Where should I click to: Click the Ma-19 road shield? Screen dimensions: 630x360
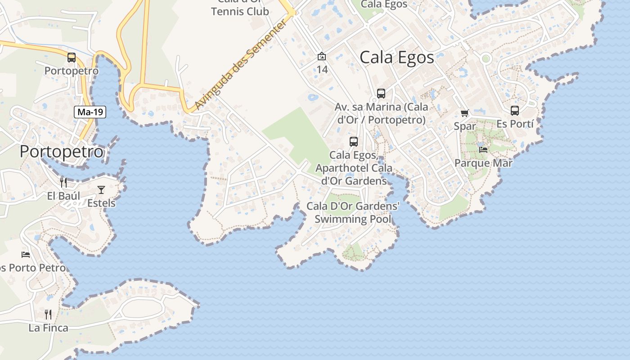click(x=90, y=112)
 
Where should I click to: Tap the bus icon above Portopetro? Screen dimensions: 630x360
click(x=72, y=58)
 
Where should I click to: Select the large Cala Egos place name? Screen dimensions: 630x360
click(x=397, y=58)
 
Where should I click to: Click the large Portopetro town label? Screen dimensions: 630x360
click(x=61, y=152)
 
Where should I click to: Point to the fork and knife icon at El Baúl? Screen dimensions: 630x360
click(x=63, y=182)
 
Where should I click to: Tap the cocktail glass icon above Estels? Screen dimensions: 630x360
click(x=101, y=189)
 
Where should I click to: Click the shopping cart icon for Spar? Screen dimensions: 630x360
click(x=464, y=113)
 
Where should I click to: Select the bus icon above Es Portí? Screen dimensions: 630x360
click(x=515, y=110)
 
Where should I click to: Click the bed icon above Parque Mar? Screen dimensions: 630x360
click(x=483, y=149)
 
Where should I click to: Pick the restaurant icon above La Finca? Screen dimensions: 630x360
click(x=48, y=314)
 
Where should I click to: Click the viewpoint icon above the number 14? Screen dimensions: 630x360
click(x=322, y=56)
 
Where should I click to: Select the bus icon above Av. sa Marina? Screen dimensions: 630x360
click(x=381, y=94)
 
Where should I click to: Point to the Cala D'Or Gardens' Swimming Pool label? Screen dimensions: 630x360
click(x=353, y=212)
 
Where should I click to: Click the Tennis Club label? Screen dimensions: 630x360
click(x=240, y=11)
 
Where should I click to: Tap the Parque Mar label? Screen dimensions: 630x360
click(x=483, y=163)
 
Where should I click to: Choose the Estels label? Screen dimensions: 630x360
click(x=101, y=203)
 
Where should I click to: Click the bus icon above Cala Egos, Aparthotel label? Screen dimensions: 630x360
click(x=354, y=142)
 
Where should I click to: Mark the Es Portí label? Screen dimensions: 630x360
click(x=515, y=124)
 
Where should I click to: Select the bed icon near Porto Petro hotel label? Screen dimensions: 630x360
click(x=26, y=254)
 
